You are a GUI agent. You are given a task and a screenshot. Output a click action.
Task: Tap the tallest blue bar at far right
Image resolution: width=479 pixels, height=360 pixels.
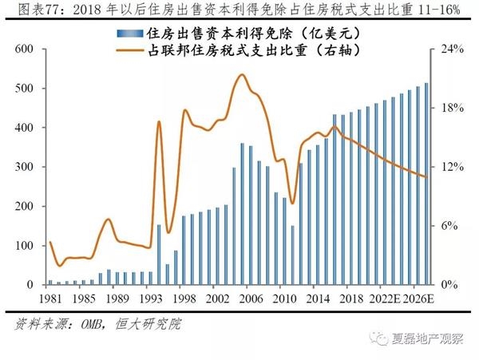(x=426, y=184)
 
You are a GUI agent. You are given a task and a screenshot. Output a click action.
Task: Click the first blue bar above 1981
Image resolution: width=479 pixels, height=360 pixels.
(x=49, y=282)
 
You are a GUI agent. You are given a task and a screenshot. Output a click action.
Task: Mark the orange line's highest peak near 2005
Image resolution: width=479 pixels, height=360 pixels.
(x=242, y=75)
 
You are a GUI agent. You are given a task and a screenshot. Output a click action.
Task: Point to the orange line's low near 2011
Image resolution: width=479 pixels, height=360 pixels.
(x=292, y=203)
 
